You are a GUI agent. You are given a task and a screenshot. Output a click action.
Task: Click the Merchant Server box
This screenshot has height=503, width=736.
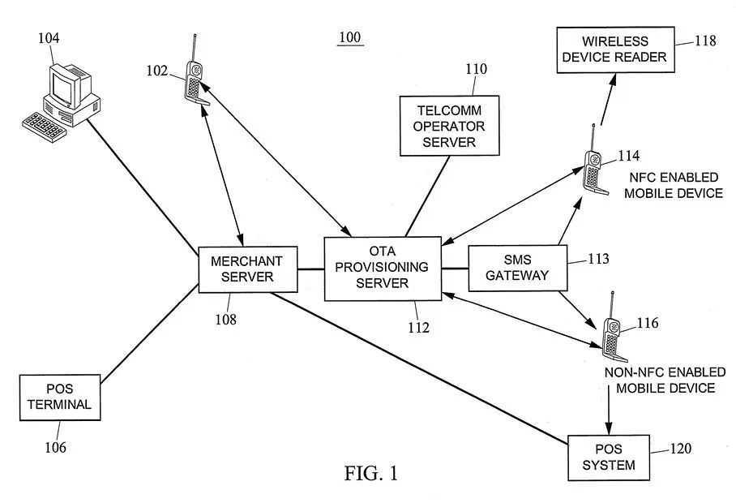pyautogui.click(x=246, y=269)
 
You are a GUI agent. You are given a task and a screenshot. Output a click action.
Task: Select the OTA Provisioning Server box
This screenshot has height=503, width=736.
pyautogui.click(x=383, y=268)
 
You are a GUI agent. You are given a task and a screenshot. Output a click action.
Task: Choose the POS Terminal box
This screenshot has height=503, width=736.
pyautogui.click(x=59, y=397)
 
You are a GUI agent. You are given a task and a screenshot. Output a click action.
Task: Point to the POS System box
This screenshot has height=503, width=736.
pyautogui.click(x=609, y=457)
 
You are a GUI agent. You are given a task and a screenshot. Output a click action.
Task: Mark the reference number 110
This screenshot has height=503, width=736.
pyautogui.click(x=476, y=69)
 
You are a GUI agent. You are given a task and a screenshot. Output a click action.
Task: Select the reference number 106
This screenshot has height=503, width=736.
pyautogui.click(x=55, y=446)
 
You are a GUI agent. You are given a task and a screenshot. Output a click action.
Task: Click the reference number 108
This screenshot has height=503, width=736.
pyautogui.click(x=226, y=319)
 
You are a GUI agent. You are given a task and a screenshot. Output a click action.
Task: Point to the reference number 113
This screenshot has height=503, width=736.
pyautogui.click(x=597, y=260)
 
